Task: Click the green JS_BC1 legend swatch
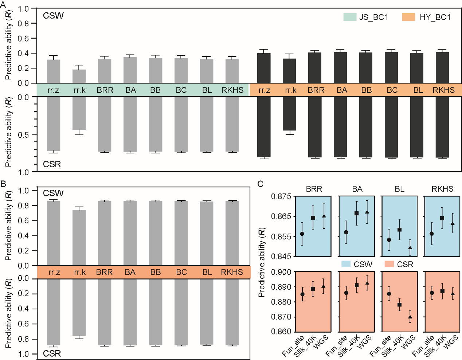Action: (x=350, y=17)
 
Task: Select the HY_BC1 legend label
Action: (x=435, y=17)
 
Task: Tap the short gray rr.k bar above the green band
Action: (x=79, y=76)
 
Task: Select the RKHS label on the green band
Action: (x=232, y=90)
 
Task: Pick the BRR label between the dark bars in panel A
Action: (x=316, y=90)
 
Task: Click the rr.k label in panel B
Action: (x=80, y=272)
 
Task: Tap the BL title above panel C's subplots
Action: (x=399, y=189)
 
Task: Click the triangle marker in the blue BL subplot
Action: (x=410, y=248)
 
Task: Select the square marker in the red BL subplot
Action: (x=400, y=305)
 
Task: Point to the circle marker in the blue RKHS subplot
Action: (x=432, y=234)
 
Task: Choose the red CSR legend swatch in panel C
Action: (x=389, y=264)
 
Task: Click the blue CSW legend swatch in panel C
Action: (x=346, y=264)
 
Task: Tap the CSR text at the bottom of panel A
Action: (x=52, y=164)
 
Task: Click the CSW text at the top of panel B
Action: (x=53, y=193)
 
